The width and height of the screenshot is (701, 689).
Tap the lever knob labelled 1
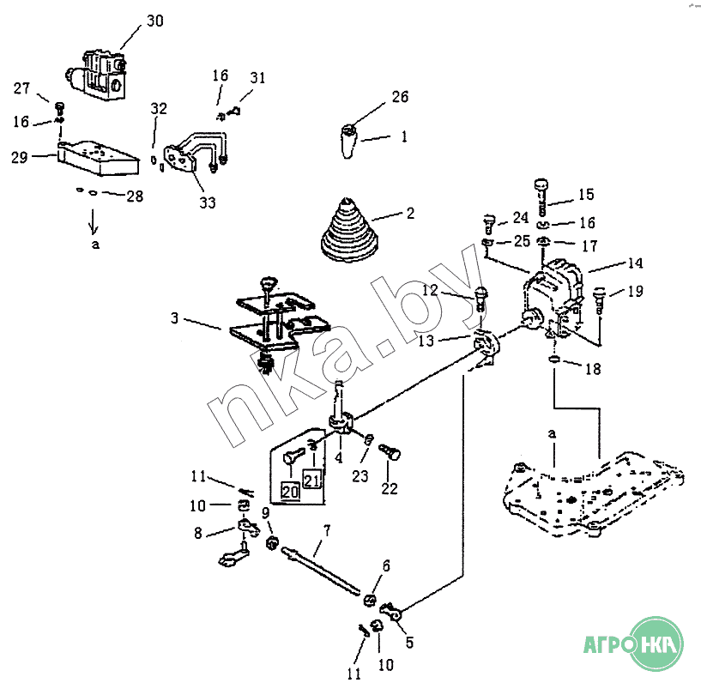click(348, 142)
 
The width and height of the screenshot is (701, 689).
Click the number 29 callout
click(20, 157)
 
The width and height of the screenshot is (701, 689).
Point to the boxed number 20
click(290, 492)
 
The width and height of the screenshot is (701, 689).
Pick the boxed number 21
click(311, 480)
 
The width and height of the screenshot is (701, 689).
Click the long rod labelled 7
click(321, 571)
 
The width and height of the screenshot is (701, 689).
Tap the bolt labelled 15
click(541, 196)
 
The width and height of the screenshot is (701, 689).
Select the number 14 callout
click(635, 263)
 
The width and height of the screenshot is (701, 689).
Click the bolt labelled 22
click(390, 451)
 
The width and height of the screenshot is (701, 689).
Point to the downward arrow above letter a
click(93, 221)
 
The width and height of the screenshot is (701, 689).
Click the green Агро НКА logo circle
click(656, 644)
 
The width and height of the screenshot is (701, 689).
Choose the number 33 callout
click(208, 202)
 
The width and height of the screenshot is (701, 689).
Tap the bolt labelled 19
click(599, 299)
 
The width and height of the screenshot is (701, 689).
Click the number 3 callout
click(174, 317)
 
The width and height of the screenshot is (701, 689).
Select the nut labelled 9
click(272, 544)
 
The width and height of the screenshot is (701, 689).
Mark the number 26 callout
click(400, 97)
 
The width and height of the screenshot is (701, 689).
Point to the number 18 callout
click(593, 369)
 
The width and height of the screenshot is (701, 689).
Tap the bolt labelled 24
click(489, 224)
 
